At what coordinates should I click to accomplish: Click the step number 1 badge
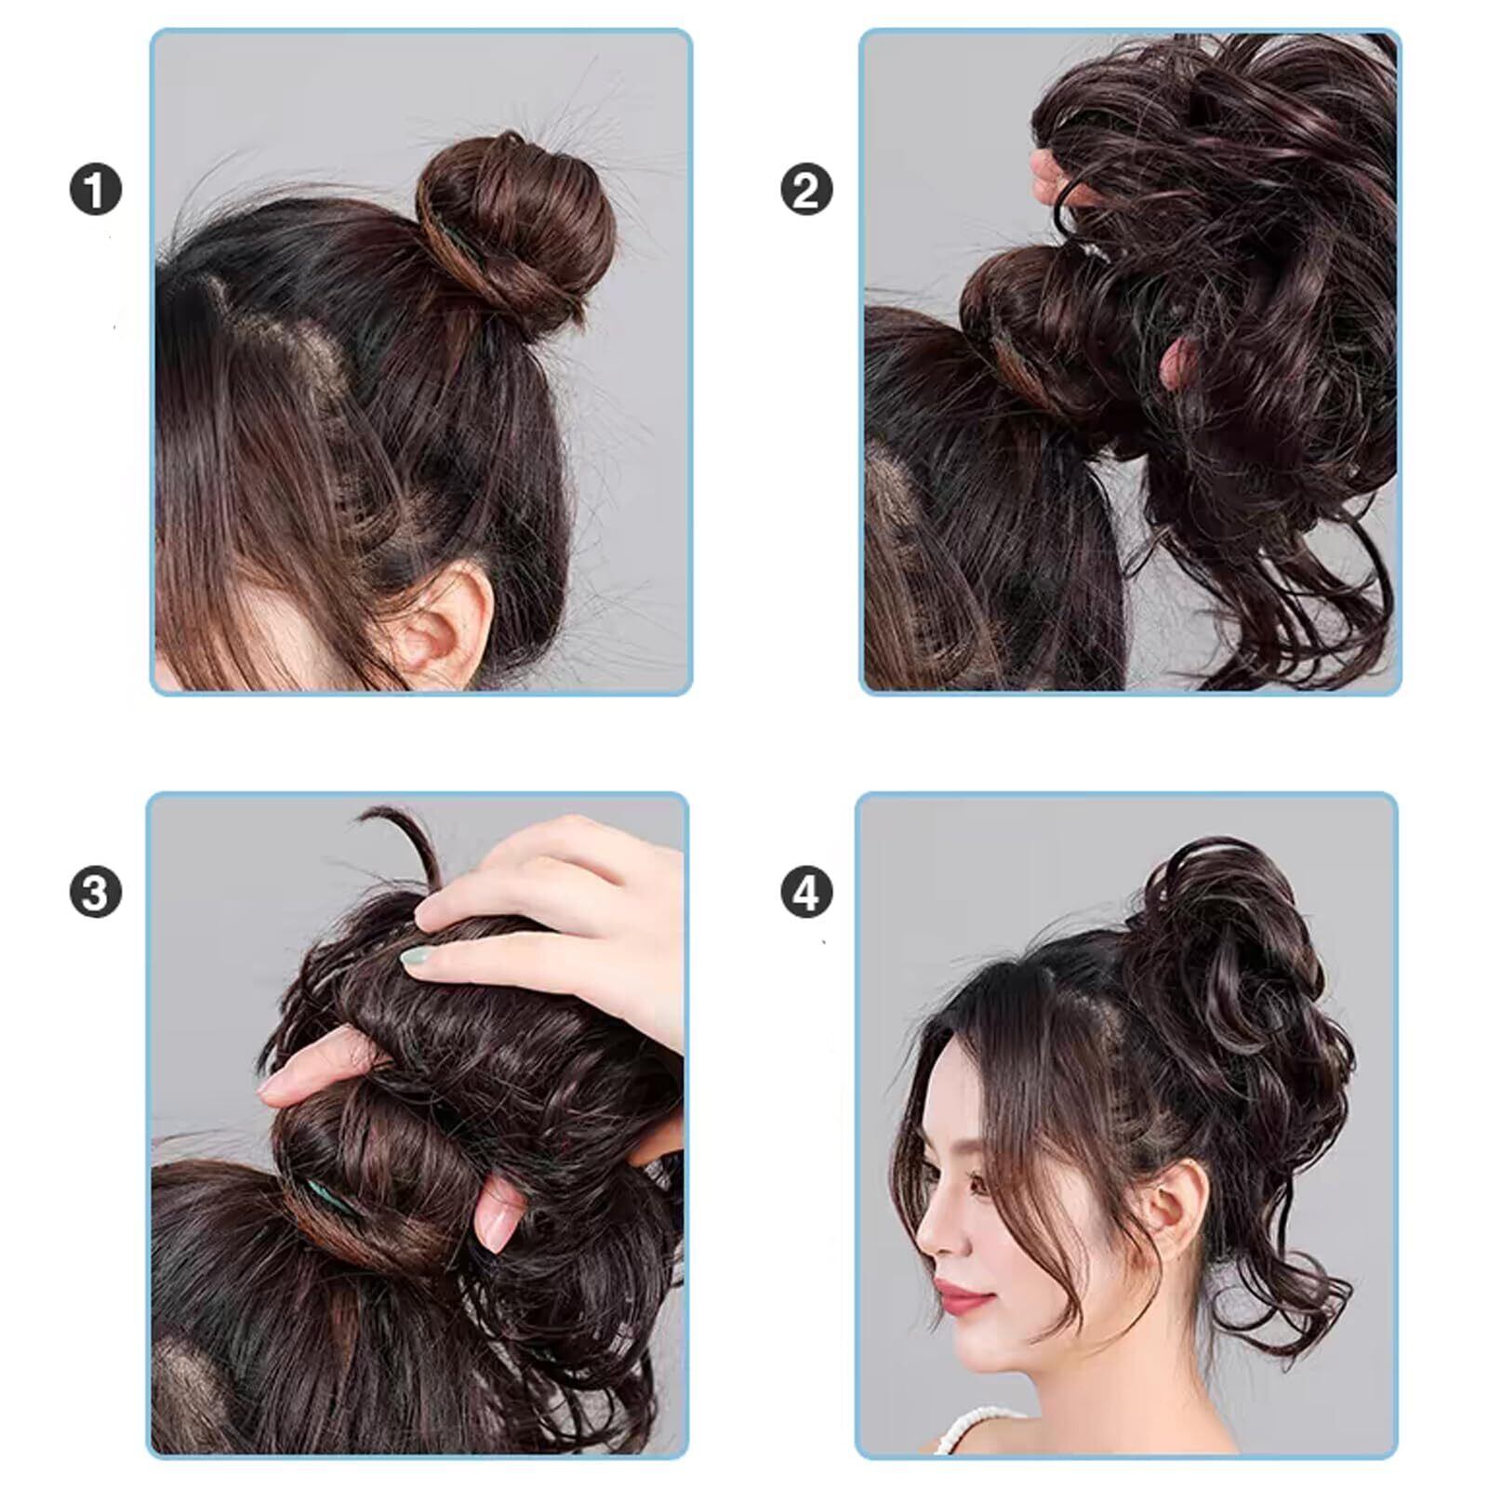[95, 191]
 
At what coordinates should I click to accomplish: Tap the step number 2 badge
[805, 191]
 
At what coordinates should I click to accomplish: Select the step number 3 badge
[95, 893]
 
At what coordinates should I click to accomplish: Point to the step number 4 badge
[805, 893]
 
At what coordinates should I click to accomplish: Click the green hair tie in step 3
[331, 1199]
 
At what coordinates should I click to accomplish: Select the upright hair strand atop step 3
[409, 846]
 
